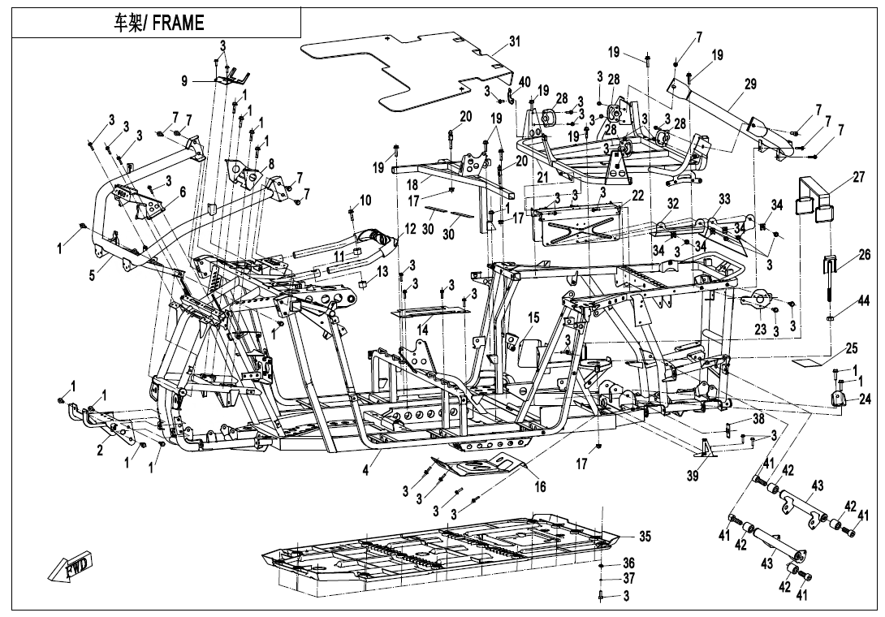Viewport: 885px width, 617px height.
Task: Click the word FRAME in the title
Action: point(176,23)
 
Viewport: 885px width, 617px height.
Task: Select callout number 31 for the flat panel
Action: point(514,41)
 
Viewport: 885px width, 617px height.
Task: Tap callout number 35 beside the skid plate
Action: point(645,537)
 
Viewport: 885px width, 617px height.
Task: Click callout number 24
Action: point(864,399)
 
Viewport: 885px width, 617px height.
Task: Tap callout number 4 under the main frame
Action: point(366,470)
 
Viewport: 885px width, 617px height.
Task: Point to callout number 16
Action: point(540,486)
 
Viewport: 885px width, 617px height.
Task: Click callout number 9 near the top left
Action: point(184,80)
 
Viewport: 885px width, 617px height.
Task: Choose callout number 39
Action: point(692,477)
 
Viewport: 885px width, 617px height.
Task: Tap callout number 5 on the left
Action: point(93,275)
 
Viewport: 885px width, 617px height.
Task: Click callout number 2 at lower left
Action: point(101,451)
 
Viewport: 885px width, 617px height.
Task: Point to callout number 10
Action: point(365,200)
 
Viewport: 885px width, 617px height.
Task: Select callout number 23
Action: point(760,330)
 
